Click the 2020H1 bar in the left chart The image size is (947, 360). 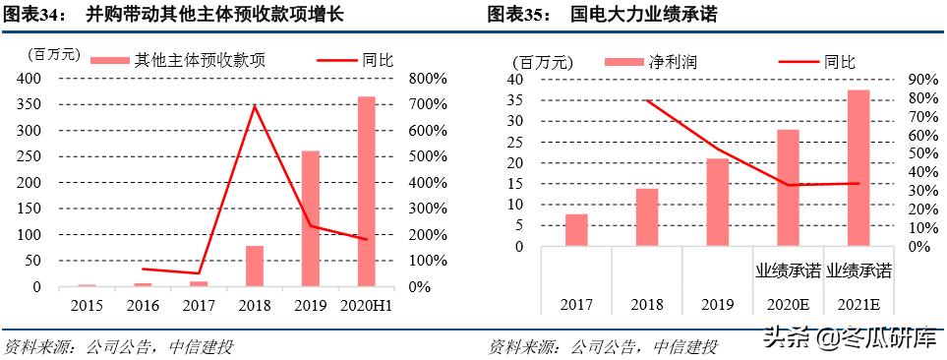coord(367,192)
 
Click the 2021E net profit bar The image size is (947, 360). coord(858,167)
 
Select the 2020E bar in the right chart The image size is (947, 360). coord(788,187)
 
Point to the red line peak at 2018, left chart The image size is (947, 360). coord(255,106)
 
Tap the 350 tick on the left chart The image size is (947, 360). coord(28,105)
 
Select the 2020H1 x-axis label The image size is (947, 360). coord(367,306)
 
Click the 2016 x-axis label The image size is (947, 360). coord(143,306)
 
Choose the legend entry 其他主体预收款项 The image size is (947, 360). coord(178,61)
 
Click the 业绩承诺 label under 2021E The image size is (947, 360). coord(858,269)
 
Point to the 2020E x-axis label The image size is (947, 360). coord(788,306)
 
